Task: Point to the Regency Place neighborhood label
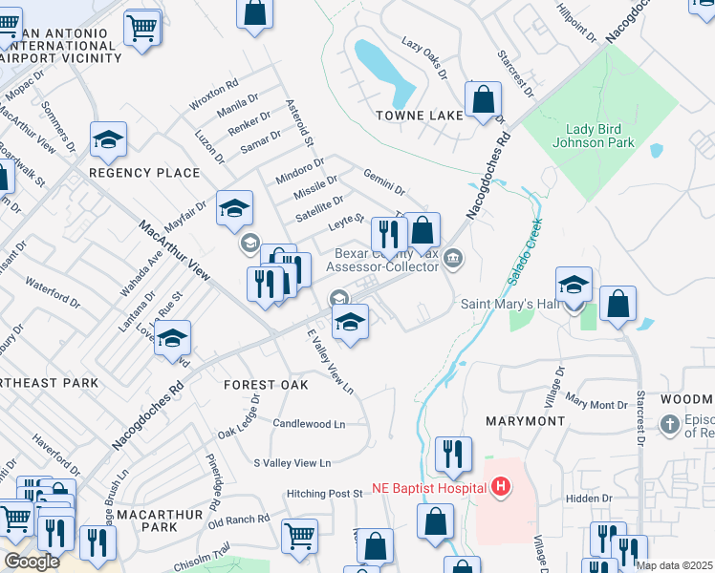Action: [144, 173]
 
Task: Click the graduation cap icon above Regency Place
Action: [108, 141]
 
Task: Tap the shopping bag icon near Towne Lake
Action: [484, 99]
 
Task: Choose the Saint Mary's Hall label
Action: [508, 304]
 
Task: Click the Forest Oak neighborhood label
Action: [266, 385]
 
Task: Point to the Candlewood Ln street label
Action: [309, 422]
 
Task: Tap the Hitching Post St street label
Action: [325, 494]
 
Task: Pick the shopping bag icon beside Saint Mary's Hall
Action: [618, 305]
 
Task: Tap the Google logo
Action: [32, 562]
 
